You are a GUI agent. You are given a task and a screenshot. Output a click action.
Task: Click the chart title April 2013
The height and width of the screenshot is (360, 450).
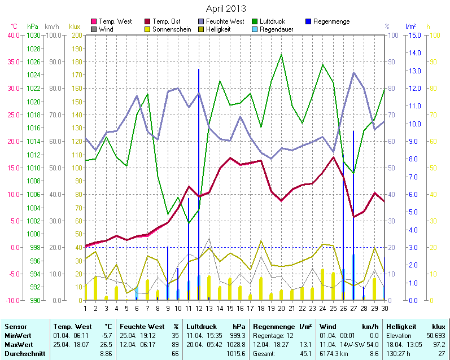[225, 8]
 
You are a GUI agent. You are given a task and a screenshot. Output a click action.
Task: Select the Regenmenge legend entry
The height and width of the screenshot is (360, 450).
[331, 21]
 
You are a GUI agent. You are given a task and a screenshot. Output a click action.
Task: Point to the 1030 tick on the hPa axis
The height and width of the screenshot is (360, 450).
[33, 35]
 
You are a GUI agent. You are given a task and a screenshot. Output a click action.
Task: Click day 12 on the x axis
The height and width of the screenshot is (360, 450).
[199, 308]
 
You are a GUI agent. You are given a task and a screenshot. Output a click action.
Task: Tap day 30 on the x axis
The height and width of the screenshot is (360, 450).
[385, 308]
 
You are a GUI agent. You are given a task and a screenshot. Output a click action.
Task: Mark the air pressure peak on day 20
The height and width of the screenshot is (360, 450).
[282, 55]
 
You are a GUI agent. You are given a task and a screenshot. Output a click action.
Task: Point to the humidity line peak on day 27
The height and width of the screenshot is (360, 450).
[354, 73]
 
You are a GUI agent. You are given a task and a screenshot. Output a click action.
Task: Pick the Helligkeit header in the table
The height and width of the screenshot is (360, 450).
[401, 326]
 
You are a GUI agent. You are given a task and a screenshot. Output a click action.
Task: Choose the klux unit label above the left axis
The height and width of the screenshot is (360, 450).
[75, 27]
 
